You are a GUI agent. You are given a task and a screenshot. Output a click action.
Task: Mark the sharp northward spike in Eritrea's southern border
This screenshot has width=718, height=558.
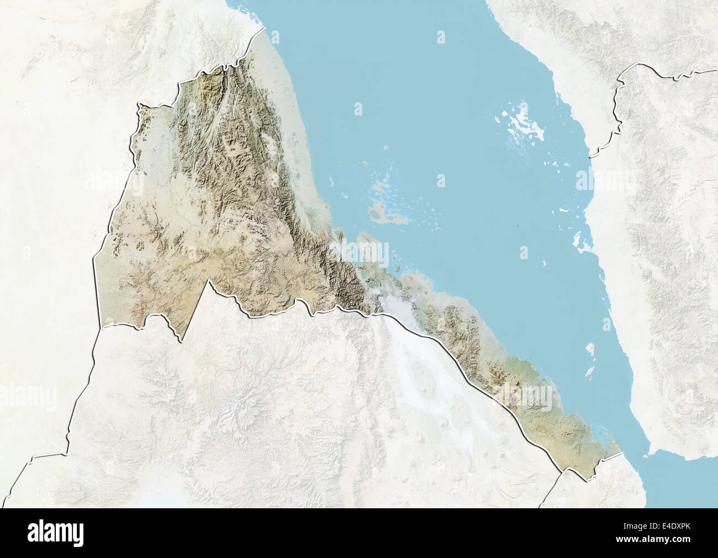pyautogui.click(x=209, y=281)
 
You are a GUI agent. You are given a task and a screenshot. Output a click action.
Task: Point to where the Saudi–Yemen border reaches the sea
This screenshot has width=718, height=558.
pyautogui.click(x=590, y=156)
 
